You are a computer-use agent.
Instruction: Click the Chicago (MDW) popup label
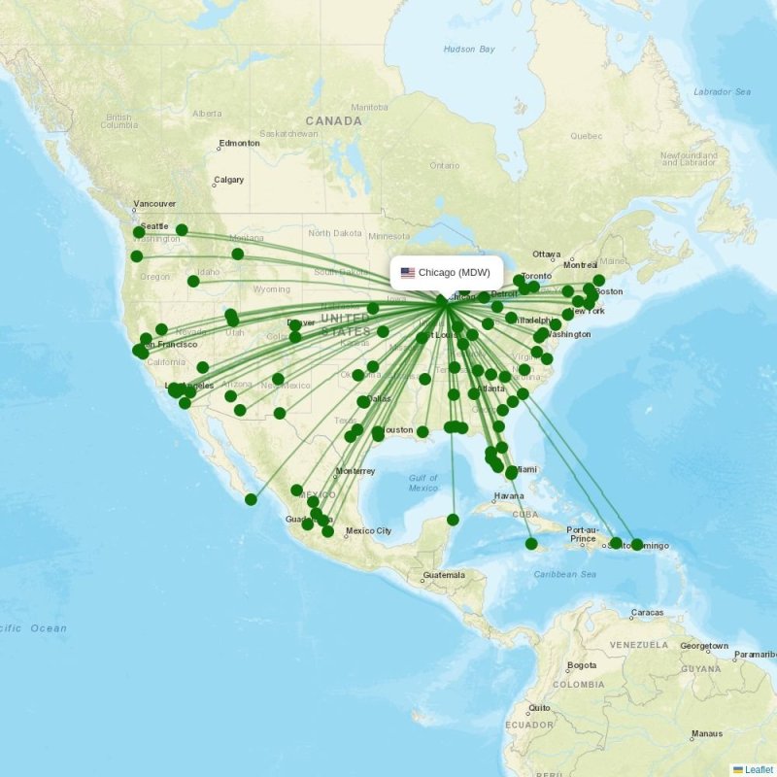coord(454,273)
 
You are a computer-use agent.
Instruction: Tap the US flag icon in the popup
coord(407,273)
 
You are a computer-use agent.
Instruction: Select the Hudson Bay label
coord(469,49)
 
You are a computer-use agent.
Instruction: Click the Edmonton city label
coord(239,144)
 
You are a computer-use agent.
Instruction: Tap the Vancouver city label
coord(154,204)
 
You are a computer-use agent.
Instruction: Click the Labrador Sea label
coord(722,91)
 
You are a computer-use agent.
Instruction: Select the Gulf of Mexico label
coord(422,483)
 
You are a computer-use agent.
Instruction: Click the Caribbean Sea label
coord(564,574)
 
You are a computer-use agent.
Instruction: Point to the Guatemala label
coord(443,575)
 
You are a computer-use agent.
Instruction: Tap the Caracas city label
coord(647,613)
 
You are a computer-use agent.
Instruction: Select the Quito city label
coord(541,708)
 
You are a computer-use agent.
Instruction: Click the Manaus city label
coord(706,733)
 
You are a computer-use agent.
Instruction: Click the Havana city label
coord(508,495)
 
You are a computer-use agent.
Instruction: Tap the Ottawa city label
coord(547,254)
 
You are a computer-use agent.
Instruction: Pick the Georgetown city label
coord(703,646)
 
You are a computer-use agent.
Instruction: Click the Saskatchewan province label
coord(289,133)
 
